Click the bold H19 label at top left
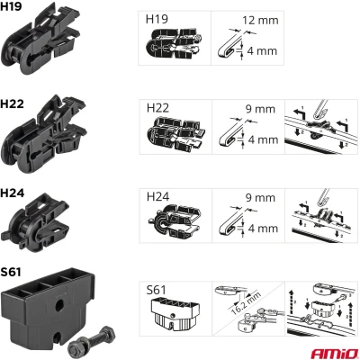(x=11, y=6)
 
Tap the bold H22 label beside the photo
(x=12, y=103)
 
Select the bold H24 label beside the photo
(x=13, y=193)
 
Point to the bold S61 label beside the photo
(x=11, y=272)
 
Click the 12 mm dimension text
(x=260, y=21)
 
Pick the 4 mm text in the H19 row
(x=262, y=51)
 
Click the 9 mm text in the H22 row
(x=260, y=109)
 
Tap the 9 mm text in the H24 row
(x=260, y=198)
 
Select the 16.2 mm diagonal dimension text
(x=246, y=301)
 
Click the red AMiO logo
(x=334, y=354)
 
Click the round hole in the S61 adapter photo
(x=60, y=305)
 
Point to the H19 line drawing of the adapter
(x=174, y=44)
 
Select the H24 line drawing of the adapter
(x=175, y=220)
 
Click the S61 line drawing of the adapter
(x=175, y=312)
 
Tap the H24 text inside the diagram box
(x=157, y=197)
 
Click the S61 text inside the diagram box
(x=156, y=290)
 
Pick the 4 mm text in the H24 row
(x=263, y=229)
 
